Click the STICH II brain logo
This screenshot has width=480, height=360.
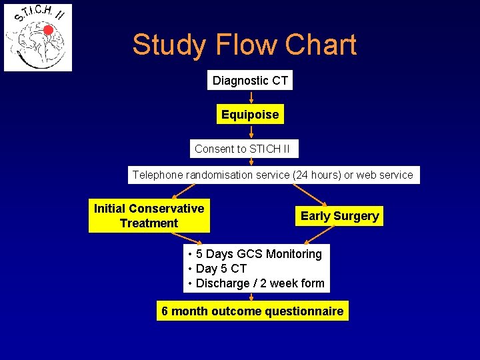pos(38,38)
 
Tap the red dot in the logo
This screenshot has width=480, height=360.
pos(48,29)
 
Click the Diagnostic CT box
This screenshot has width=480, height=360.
pos(250,81)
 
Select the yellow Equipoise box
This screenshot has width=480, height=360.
pos(250,115)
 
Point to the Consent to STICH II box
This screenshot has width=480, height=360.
pos(242,149)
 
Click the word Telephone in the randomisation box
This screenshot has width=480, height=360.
pos(158,175)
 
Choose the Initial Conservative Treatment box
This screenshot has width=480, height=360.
pos(149,216)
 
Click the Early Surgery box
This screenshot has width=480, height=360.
pos(339,216)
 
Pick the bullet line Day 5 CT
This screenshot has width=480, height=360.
pos(221,269)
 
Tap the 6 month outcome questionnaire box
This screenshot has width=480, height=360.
pos(252,311)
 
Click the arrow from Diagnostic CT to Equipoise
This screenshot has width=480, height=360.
pos(251,97)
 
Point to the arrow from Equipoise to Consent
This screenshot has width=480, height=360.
pos(251,132)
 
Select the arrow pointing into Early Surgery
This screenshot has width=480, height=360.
pos(311,195)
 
